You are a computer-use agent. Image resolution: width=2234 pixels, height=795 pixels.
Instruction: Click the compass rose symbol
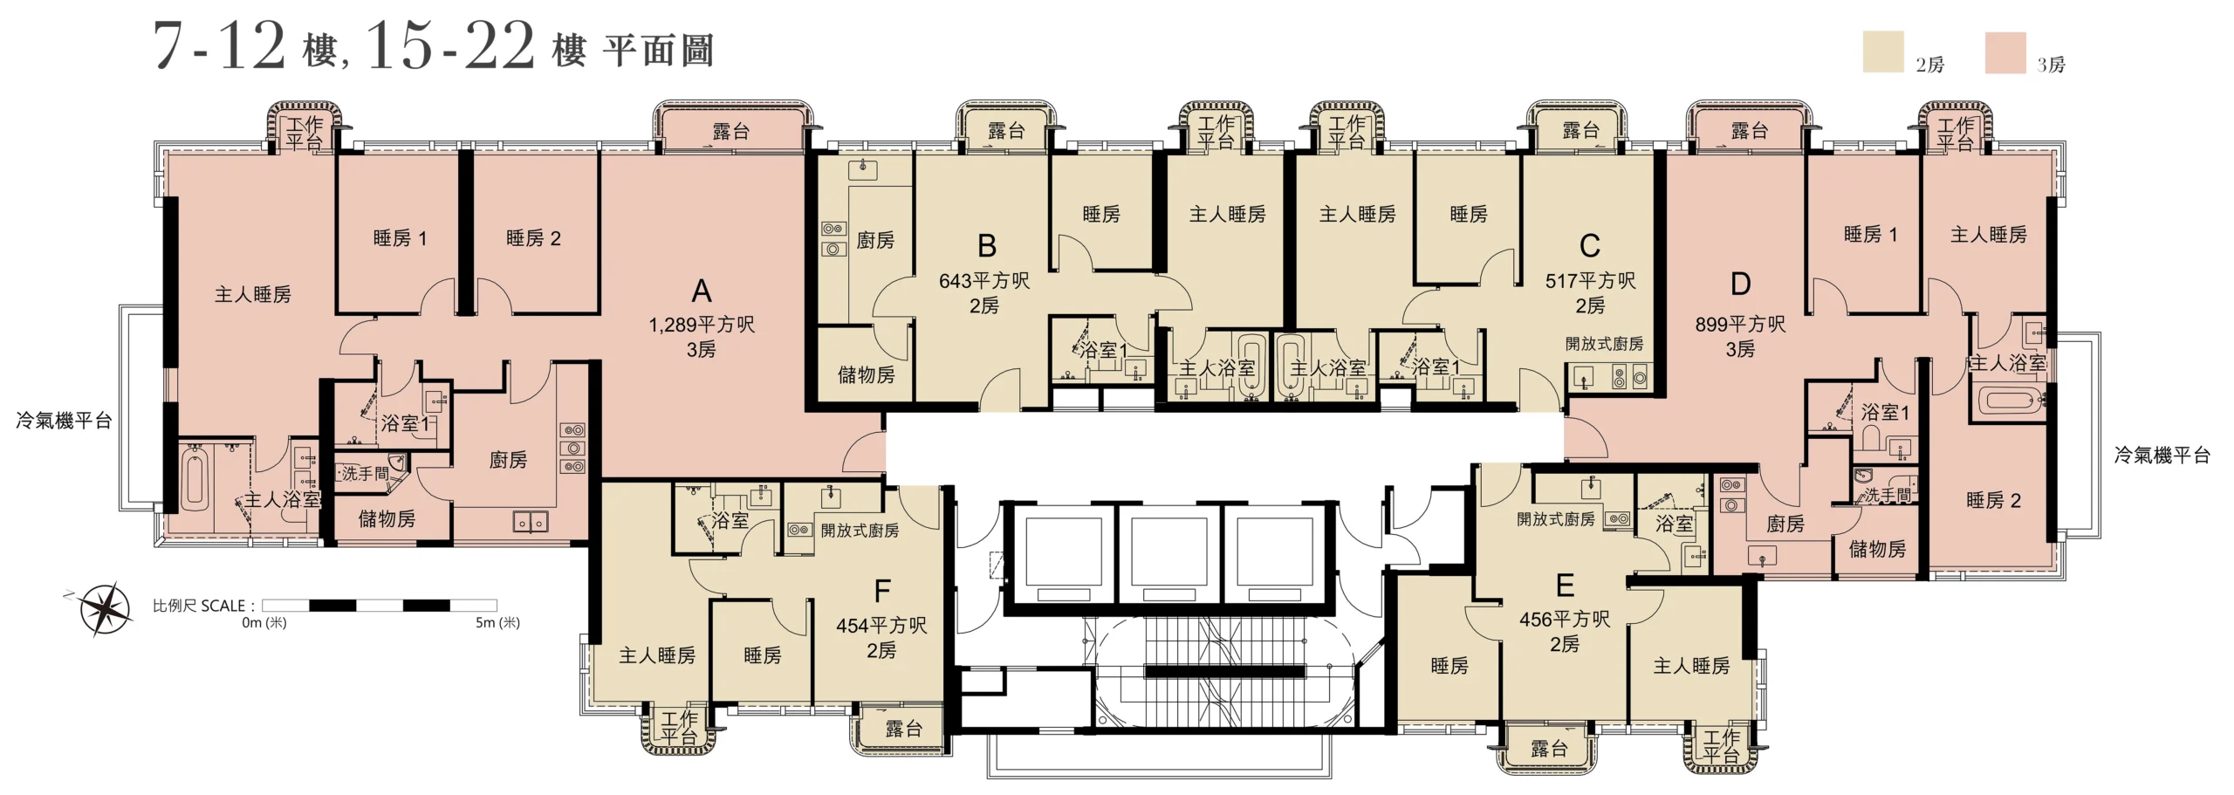(x=105, y=608)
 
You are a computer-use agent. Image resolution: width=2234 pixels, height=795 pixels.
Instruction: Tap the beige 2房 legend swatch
(x=1883, y=51)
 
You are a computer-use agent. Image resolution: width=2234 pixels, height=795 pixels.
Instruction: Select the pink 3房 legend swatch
(x=2005, y=52)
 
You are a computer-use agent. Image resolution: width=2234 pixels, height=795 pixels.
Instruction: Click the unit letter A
(x=701, y=291)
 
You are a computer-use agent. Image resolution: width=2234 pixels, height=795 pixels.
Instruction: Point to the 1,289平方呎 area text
(x=702, y=325)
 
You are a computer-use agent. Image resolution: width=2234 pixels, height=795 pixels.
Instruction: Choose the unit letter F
(x=882, y=592)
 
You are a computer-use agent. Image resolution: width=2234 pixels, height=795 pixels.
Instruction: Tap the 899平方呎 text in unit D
(x=1740, y=325)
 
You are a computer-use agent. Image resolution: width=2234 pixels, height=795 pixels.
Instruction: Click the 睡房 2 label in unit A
(x=533, y=238)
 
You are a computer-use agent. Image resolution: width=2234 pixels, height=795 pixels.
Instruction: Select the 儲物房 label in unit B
(x=866, y=375)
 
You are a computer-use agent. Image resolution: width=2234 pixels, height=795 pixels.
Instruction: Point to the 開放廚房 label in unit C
(x=1604, y=344)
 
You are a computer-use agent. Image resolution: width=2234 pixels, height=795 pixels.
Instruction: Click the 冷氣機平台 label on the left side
(x=64, y=421)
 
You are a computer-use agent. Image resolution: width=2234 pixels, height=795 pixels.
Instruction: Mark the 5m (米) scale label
(x=497, y=622)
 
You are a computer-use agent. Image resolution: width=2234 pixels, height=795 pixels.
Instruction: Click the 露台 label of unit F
(x=903, y=729)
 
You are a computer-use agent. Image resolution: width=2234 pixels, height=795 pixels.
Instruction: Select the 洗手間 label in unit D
(x=1888, y=496)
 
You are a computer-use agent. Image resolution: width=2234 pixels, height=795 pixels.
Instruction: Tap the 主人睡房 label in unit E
(x=1691, y=666)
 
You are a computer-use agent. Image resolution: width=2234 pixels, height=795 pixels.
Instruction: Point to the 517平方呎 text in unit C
(x=1590, y=281)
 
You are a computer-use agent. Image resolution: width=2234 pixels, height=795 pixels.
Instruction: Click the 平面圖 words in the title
(x=658, y=51)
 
